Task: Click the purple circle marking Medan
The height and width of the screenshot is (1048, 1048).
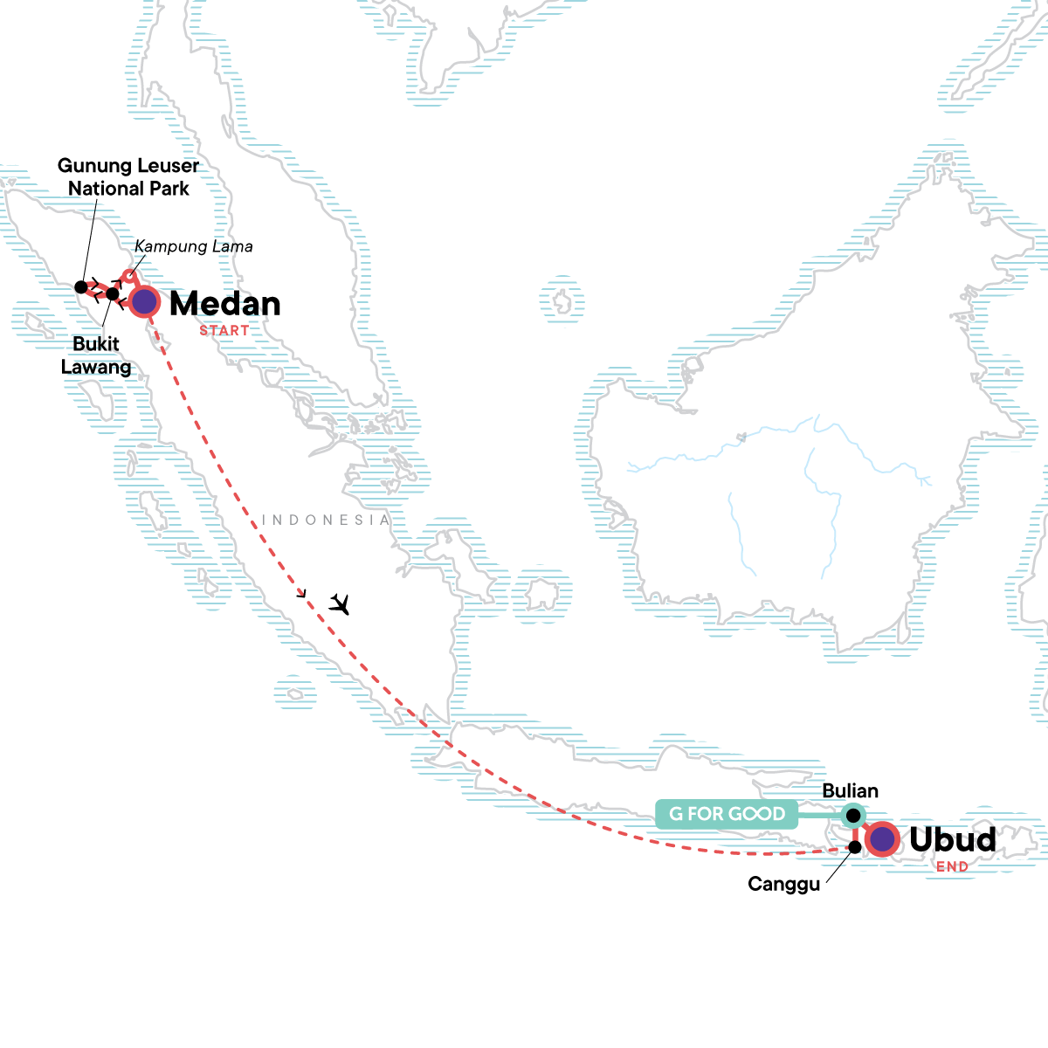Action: pos(144,302)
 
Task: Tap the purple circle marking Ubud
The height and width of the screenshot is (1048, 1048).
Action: pos(883,839)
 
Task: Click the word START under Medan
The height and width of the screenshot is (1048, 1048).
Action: pos(224,331)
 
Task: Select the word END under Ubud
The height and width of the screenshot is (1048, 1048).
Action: pos(952,867)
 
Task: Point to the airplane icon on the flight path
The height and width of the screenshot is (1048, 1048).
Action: pos(340,603)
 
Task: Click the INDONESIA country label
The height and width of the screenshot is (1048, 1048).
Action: pos(326,521)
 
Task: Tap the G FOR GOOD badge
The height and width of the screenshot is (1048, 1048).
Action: pos(727,814)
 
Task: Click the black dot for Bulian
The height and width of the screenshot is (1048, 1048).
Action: pos(853,816)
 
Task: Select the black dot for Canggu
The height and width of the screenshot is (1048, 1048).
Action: pos(856,846)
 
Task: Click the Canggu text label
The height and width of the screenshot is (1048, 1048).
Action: pos(783,885)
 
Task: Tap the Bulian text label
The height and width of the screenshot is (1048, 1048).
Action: pos(850,791)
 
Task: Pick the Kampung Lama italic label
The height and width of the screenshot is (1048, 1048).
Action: pos(194,247)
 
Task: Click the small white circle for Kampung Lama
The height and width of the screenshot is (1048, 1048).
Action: pos(129,277)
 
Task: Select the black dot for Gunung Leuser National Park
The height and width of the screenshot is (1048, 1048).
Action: pos(81,286)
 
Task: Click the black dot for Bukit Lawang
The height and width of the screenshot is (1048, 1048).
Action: pos(112,293)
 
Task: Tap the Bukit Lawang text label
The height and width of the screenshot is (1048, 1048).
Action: pos(96,355)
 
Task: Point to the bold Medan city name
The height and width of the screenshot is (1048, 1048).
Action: pos(225,304)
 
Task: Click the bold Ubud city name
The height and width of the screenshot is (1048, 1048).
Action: pos(952,839)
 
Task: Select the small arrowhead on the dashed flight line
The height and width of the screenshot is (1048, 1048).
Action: pos(302,595)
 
